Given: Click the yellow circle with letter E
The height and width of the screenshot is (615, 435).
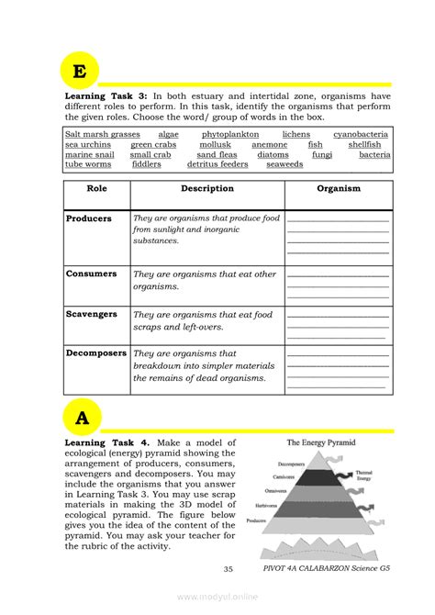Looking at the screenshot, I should coord(81,72).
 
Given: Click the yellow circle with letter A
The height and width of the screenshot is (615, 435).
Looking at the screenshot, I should coord(83,419).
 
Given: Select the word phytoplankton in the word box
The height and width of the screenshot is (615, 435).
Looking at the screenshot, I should coord(230,135).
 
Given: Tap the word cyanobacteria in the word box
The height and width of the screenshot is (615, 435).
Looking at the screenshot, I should coord(361,135).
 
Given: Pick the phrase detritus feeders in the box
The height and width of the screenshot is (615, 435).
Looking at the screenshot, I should coord(217,165).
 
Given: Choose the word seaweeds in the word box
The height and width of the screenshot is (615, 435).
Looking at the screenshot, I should coord(284,165).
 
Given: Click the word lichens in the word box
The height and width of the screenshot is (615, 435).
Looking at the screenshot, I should coord(296,135).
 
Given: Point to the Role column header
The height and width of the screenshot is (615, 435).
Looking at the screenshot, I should coord(96,189).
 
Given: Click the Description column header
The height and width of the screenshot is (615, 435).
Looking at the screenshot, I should coord(206,189).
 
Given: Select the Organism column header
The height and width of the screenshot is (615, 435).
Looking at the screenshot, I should coord(338,189).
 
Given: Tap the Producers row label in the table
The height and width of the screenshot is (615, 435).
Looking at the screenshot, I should coord(89,219).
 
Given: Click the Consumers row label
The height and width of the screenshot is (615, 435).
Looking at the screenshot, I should coord(91,274).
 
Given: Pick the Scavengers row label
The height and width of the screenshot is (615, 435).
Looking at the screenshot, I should coord(92,314).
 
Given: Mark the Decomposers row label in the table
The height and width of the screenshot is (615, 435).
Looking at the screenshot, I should coord(95,352).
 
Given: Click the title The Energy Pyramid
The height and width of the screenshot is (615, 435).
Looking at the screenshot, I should coord(316,442).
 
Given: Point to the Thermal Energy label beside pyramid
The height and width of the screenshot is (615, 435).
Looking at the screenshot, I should coord(363,475).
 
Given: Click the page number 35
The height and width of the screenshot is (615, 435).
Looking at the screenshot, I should coord(228,569).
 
